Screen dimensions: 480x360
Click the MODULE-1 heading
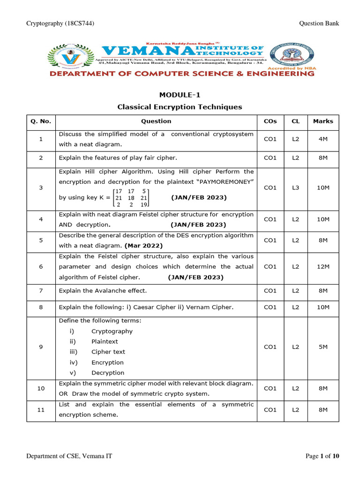[180, 95]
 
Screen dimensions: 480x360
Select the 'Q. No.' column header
[41, 121]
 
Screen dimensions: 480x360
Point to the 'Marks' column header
[323, 121]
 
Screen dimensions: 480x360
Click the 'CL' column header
[295, 121]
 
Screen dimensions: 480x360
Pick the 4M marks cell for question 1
[323, 139]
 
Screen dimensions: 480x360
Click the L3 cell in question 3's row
[295, 187]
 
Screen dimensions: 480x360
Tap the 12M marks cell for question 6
[323, 267]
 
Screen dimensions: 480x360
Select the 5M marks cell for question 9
[323, 347]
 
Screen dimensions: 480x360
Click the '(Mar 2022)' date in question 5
[143, 245]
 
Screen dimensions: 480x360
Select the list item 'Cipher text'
[108, 352]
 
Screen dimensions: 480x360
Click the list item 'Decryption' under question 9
[108, 373]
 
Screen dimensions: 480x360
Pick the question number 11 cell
[41, 410]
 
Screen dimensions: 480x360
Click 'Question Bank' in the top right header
[318, 24]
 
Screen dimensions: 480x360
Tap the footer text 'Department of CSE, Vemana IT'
[69, 456]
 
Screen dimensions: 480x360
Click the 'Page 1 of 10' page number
[322, 456]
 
